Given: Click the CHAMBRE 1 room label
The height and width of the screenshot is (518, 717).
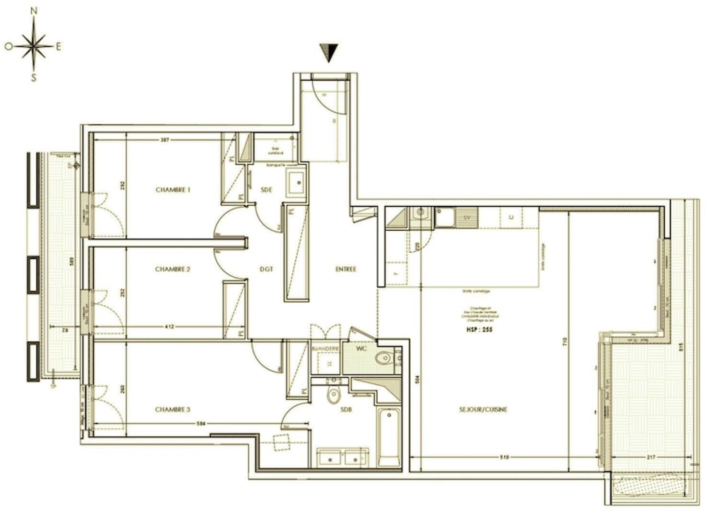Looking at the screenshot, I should tap(173, 190).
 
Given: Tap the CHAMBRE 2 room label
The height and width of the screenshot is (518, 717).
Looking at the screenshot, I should tap(173, 269).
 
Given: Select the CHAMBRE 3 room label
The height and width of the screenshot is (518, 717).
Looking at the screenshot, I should tap(173, 410).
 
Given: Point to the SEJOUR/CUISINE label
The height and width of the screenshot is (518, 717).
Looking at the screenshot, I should tap(483, 410).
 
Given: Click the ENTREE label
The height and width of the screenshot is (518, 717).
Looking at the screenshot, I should tap(346, 270).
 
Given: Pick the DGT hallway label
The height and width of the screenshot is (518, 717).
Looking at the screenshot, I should tap(266, 270).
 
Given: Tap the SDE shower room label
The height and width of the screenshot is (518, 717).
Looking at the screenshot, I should tap(266, 190).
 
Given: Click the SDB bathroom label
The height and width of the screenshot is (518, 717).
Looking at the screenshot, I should tap(346, 410).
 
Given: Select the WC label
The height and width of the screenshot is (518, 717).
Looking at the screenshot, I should tap(361, 349).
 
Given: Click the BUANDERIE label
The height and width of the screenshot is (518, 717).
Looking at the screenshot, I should tap(325, 349).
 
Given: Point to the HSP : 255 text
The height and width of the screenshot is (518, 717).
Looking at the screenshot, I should tap(479, 330).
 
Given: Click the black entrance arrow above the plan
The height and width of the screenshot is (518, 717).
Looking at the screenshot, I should tap(329, 52).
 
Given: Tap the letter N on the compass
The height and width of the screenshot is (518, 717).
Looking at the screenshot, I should tap(34, 11).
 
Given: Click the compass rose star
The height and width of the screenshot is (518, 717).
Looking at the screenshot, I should tap(34, 47).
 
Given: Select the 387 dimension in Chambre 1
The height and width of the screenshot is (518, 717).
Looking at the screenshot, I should tap(164, 140).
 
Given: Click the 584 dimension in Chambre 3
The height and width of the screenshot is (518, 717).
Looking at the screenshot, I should tap(201, 424).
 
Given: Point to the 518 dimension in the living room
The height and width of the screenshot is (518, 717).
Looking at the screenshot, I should tap(504, 458).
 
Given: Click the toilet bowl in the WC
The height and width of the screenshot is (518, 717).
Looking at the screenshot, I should tap(384, 358).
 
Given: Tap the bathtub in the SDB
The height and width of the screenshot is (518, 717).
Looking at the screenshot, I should tap(389, 437).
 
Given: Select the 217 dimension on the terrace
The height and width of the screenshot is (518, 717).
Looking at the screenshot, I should tap(650, 458).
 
